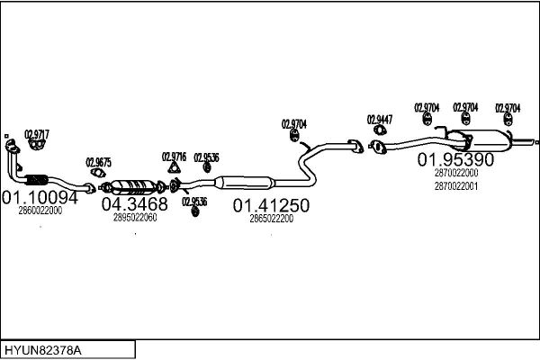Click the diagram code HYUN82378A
[x=43, y=350]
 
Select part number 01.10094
[x=40, y=198]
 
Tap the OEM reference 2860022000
[x=40, y=211]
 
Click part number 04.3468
[x=135, y=204]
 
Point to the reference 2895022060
[x=135, y=218]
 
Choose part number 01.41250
[x=271, y=206]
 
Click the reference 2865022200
[x=272, y=219]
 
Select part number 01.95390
[x=455, y=159]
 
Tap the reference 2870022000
[x=456, y=173]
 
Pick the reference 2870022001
[x=456, y=186]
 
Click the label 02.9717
[x=37, y=134]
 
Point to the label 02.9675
[x=98, y=162]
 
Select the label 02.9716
[x=174, y=157]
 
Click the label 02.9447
[x=380, y=120]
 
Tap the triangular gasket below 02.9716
[x=175, y=167]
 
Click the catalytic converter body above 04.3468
[x=132, y=186]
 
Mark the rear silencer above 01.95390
[x=482, y=140]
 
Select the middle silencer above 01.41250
[x=244, y=183]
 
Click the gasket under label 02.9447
[x=380, y=130]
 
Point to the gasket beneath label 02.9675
[x=98, y=172]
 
